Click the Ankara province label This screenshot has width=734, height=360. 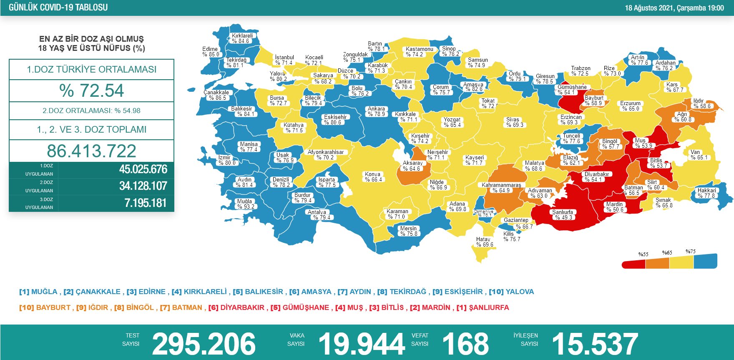377,111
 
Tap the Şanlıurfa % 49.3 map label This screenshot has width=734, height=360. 563,214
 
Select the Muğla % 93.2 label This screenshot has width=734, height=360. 245,204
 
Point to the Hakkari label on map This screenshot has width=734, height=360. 706,193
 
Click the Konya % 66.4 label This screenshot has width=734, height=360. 373,177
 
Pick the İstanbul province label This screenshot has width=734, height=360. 284,60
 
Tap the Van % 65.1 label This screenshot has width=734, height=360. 699,155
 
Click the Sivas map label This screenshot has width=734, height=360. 514,122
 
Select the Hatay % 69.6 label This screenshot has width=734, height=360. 484,242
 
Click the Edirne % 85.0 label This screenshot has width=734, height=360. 210,52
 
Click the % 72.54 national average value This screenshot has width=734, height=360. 91,91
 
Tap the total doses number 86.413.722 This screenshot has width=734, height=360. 91,151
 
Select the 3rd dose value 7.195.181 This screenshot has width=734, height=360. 146,203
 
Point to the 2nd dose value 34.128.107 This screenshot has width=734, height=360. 143,186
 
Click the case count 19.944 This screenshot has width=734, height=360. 361,344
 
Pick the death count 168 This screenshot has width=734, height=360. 465,344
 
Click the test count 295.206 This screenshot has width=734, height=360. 204,344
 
